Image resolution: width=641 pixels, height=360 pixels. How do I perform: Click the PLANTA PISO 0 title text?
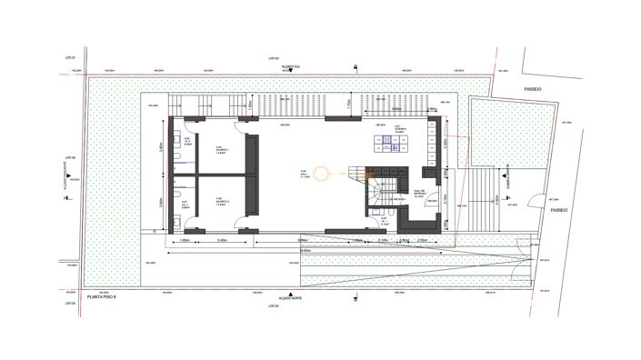pyautogui.click(x=108, y=297)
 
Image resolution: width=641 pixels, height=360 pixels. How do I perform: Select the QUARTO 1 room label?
pyautogui.click(x=221, y=151)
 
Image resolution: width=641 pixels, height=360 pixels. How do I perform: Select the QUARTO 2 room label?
pyautogui.click(x=221, y=202)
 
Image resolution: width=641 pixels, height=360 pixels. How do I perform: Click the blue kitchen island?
pyautogui.click(x=392, y=142)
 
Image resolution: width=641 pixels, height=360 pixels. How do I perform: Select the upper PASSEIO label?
pyautogui.click(x=533, y=89)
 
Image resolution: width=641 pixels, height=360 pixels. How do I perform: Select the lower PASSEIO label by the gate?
pyautogui.click(x=559, y=208)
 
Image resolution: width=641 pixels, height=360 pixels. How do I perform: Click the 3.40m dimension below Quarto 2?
pyautogui.click(x=223, y=240)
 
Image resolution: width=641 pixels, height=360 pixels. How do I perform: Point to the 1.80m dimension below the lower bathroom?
pyautogui.click(x=185, y=240)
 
